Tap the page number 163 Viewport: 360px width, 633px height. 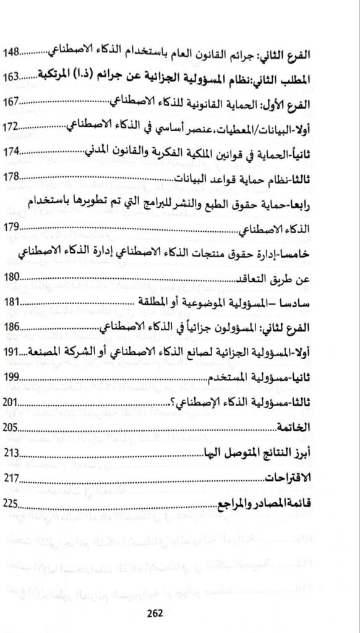tap(14, 78)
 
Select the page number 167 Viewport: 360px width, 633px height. tap(14, 101)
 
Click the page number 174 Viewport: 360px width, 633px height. tap(14, 152)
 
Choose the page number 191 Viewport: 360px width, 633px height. tap(14, 352)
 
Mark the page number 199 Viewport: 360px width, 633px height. tap(14, 378)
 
